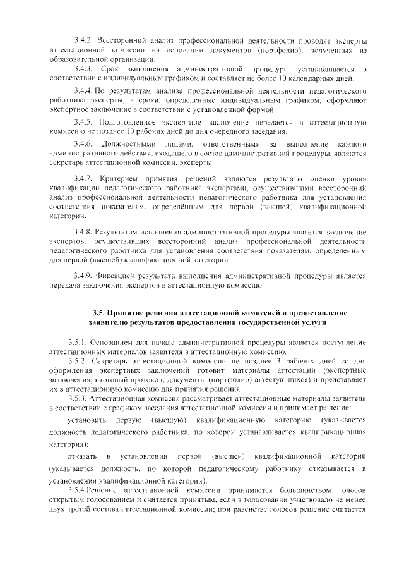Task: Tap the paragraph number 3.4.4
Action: tap(83, 91)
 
